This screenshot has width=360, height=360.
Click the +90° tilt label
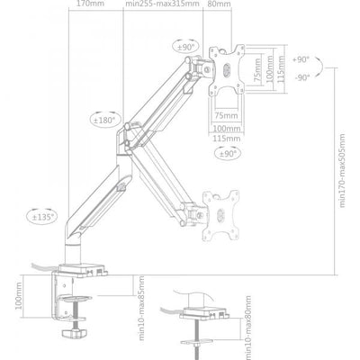pos(301,58)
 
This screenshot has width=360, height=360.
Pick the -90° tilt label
pos(301,76)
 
